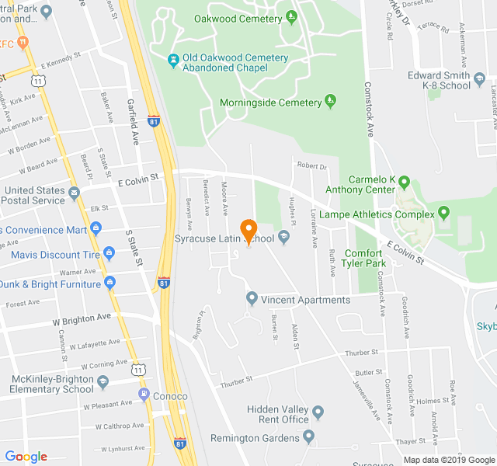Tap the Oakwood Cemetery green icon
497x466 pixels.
coord(291,16)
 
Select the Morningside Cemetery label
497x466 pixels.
coord(270,103)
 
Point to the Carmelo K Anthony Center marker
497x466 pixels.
coord(404,183)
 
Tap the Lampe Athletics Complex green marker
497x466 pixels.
coord(443,212)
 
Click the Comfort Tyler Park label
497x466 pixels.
coord(364,258)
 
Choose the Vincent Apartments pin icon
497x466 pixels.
coord(252,298)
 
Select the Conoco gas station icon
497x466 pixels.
coord(144,395)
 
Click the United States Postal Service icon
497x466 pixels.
coord(74,192)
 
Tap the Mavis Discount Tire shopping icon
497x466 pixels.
coord(109,253)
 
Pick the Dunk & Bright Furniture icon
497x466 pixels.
coord(109,283)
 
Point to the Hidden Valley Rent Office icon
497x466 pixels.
coord(318,412)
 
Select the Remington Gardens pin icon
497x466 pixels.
coord(309,437)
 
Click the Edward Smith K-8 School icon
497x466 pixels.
coord(481,80)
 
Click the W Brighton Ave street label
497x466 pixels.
coord(82,318)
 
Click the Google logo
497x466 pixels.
coord(26,457)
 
